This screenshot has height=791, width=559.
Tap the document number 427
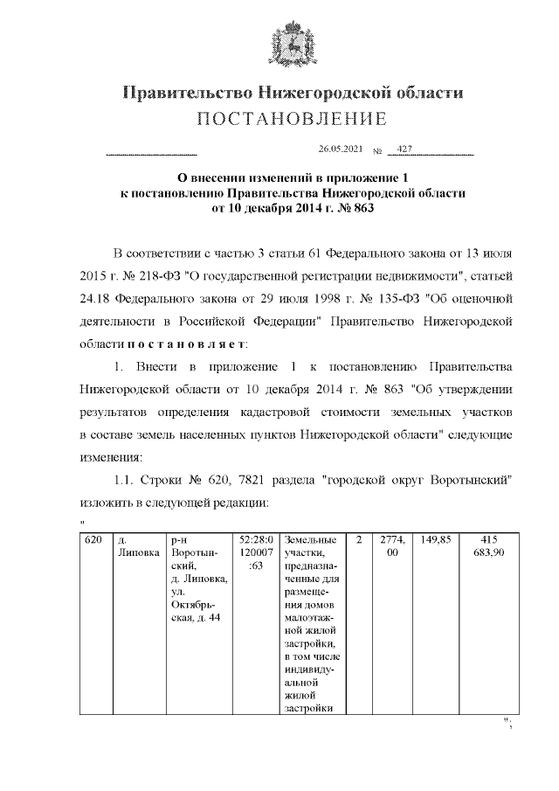404,149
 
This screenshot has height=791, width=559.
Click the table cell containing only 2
358,540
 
